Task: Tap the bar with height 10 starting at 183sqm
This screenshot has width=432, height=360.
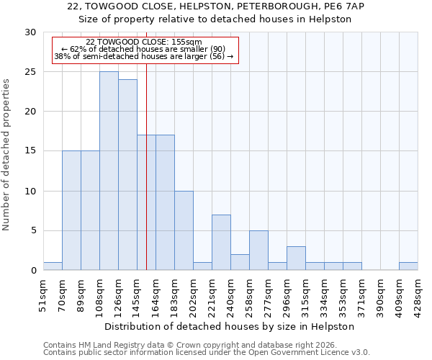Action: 184,230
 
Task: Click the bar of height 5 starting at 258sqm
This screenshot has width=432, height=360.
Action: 258,251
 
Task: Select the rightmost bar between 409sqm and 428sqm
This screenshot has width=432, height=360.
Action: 408,266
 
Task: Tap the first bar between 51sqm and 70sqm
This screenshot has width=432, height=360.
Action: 53,266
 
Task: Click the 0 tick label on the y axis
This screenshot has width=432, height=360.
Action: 33,271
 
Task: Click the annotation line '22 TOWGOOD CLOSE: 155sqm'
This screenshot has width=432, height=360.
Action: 144,42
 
